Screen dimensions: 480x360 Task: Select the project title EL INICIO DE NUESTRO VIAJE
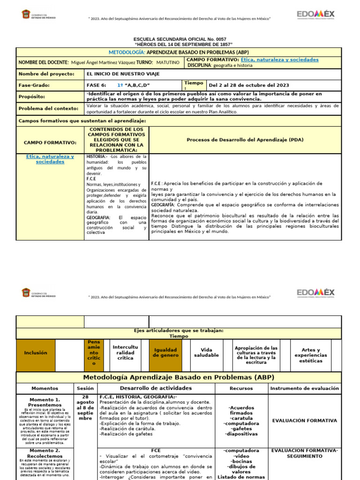pos(123,74)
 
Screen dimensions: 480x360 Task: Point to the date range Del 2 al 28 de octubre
pos(248,85)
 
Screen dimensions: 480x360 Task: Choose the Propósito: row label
pos(32,97)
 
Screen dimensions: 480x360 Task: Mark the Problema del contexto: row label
pos(48,109)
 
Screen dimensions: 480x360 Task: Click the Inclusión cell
pos(36,352)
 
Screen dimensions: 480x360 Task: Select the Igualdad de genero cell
pos(165,352)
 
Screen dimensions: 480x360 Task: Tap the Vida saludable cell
pos(206,352)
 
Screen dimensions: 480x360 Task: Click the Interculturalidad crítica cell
pos(126,352)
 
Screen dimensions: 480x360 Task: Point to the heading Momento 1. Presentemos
pos(45,402)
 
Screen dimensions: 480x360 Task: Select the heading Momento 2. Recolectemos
pos(45,454)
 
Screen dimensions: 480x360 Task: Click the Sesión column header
pos(85,389)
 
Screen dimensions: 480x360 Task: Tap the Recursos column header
pos(241,389)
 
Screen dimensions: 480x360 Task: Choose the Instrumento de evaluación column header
pos(305,389)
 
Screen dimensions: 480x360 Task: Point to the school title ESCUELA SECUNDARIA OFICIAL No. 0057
pos(180,39)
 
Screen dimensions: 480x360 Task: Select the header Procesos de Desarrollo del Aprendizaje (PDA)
pos(245,140)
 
